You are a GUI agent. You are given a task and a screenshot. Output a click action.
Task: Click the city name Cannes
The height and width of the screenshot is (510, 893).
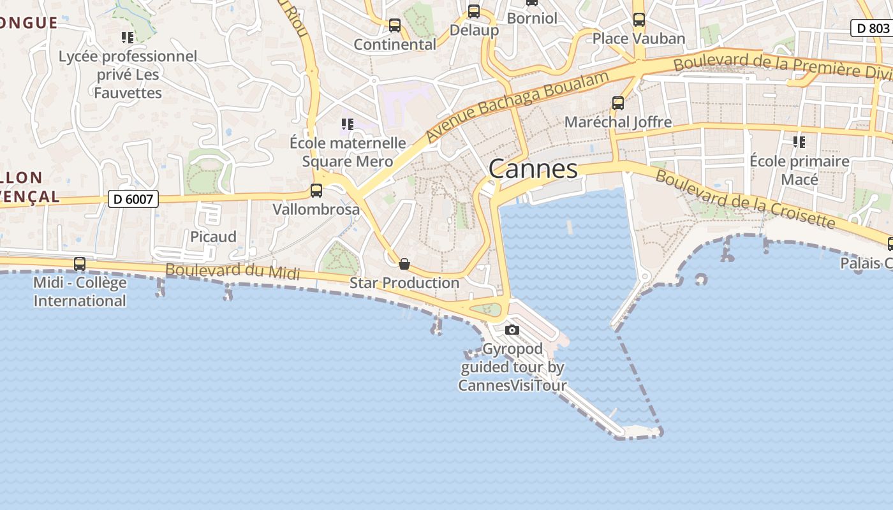pyautogui.click(x=533, y=169)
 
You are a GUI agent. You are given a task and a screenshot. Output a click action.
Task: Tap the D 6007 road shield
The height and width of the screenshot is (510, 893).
pyautogui.click(x=133, y=200)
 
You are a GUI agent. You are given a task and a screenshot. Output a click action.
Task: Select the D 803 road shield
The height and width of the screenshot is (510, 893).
pyautogui.click(x=872, y=28)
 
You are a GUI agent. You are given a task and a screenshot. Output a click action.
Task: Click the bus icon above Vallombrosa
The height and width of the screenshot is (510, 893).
pyautogui.click(x=316, y=190)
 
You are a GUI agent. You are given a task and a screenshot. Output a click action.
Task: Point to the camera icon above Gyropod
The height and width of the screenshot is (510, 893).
pyautogui.click(x=512, y=330)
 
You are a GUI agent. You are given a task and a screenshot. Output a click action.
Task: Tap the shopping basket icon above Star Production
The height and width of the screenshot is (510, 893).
pyautogui.click(x=404, y=263)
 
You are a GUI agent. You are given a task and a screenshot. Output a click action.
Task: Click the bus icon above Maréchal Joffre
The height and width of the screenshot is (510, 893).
pyautogui.click(x=617, y=103)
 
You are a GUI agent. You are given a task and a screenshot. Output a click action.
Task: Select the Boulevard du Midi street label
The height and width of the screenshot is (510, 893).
pyautogui.click(x=232, y=271)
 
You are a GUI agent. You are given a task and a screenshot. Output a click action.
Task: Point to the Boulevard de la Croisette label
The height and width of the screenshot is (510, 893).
pyautogui.click(x=745, y=199)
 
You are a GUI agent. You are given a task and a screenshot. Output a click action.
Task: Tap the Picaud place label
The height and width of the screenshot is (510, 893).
pyautogui.click(x=213, y=237)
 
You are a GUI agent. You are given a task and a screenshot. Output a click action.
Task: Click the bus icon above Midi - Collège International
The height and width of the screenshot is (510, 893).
pyautogui.click(x=80, y=263)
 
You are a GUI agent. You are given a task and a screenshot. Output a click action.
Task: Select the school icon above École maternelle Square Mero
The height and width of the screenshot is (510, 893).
pyautogui.click(x=347, y=124)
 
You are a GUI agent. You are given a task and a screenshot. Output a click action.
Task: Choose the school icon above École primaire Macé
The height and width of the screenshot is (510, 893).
pyautogui.click(x=799, y=142)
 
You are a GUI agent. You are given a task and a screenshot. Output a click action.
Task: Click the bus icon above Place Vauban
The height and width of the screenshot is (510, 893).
pyautogui.click(x=638, y=20)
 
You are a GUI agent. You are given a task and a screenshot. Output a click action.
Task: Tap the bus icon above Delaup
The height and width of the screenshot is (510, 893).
pyautogui.click(x=473, y=11)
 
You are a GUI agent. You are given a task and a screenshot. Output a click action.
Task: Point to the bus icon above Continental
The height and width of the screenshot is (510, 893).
pyautogui.click(x=395, y=25)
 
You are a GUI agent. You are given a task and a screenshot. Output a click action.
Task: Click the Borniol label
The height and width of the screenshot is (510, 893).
pyautogui.click(x=532, y=18)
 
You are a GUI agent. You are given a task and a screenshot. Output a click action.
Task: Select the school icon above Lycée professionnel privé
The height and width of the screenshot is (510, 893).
pyautogui.click(x=128, y=38)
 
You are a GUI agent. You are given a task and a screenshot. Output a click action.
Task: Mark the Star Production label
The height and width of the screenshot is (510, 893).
pyautogui.click(x=404, y=282)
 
